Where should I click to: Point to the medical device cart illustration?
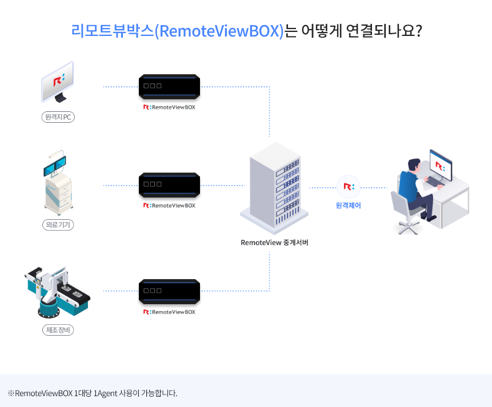(x=58, y=183)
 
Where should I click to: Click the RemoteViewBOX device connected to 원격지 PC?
(x=169, y=87)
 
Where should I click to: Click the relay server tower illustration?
(x=274, y=186)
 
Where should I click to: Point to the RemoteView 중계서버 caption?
(x=275, y=242)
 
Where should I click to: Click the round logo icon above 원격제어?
(x=349, y=187)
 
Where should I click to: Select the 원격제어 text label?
(x=349, y=205)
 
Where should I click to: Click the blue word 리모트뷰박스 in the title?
(x=113, y=31)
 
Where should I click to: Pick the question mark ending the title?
(x=418, y=31)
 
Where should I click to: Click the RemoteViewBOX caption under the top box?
(x=169, y=107)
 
